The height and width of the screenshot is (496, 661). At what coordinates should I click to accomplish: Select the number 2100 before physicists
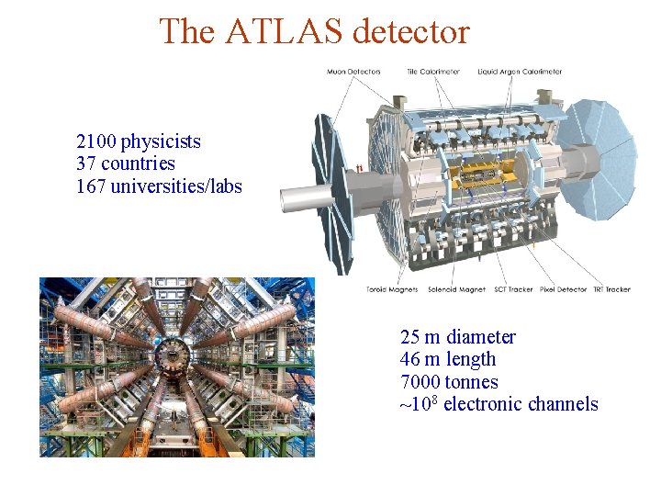tap(96, 141)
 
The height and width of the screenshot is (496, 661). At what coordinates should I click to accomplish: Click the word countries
tap(138, 164)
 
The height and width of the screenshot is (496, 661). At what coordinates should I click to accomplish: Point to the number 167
tap(93, 186)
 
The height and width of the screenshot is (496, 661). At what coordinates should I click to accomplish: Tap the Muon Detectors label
tap(353, 72)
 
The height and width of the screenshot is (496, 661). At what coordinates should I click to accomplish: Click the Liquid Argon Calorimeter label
tap(521, 72)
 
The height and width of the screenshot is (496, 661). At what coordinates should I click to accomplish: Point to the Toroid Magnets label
tap(392, 289)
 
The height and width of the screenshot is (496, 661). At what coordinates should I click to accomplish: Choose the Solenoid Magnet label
tap(457, 289)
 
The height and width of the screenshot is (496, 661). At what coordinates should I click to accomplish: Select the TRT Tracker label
tap(612, 289)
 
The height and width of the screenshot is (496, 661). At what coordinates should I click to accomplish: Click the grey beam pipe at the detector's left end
tap(298, 198)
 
